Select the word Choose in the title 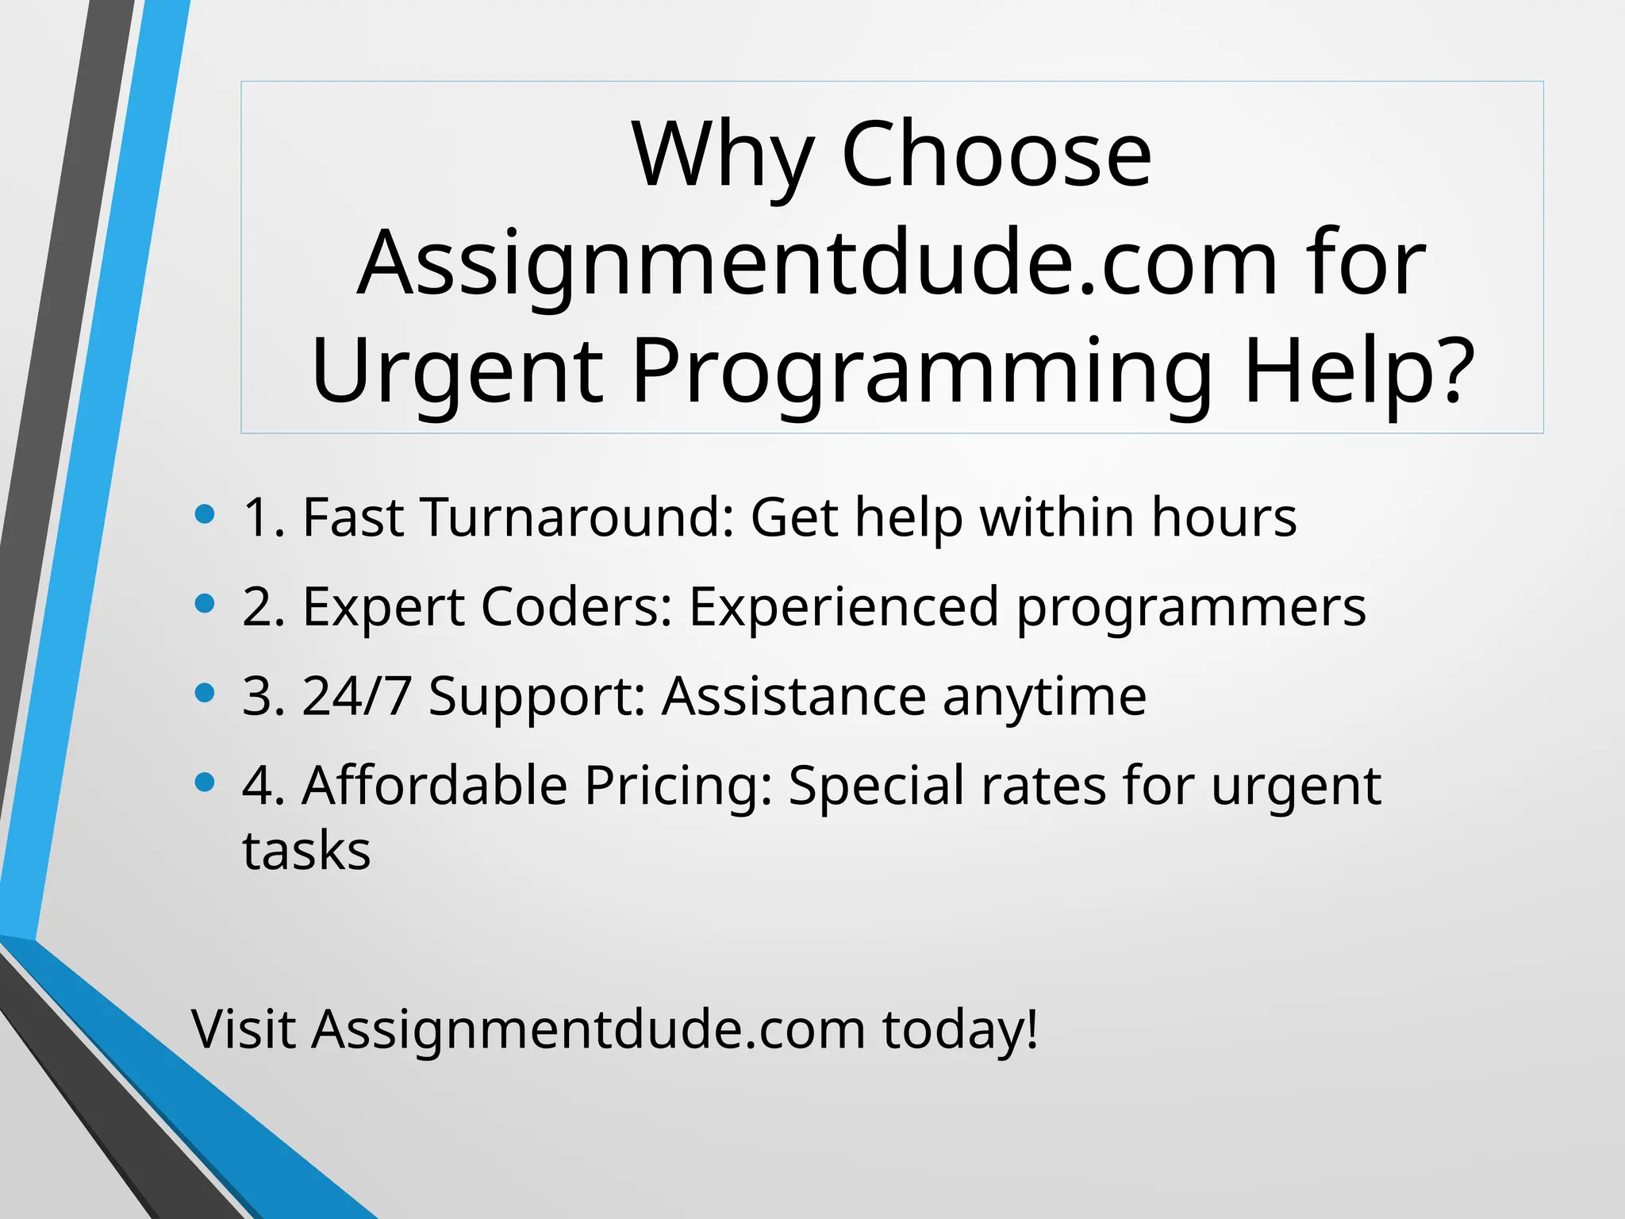(996, 155)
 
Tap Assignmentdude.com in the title (817, 263)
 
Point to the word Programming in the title (922, 371)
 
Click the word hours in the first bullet (1224, 517)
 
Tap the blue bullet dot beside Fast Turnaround (205, 514)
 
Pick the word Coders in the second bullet (577, 607)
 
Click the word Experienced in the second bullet (844, 607)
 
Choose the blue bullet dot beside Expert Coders (205, 604)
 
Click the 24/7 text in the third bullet (356, 696)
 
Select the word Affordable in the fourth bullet (435, 786)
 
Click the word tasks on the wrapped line (306, 851)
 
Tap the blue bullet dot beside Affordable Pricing (205, 783)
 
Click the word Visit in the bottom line (244, 1029)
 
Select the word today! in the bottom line (960, 1029)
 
